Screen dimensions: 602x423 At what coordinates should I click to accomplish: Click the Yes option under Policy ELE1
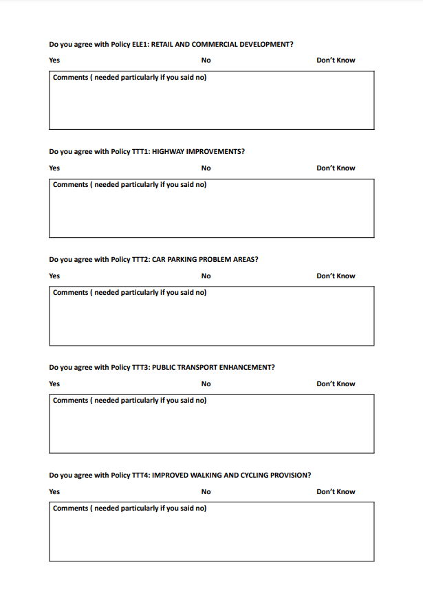(x=54, y=60)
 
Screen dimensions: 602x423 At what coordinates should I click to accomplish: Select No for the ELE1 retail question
(x=206, y=60)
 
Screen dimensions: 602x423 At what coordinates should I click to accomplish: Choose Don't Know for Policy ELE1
(x=336, y=60)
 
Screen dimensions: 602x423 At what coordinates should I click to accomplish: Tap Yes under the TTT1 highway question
(x=54, y=168)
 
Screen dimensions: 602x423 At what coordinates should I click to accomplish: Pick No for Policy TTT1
(x=206, y=168)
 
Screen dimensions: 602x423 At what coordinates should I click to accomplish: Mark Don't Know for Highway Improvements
(x=336, y=168)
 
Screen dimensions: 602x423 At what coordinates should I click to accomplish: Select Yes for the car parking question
(x=54, y=276)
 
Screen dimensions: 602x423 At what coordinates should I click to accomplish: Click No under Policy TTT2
(x=206, y=276)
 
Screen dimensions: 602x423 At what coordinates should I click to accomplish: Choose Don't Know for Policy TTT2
(x=336, y=276)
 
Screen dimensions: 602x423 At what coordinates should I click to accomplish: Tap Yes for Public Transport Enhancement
(x=54, y=384)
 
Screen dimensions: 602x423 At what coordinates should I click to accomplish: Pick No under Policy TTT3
(x=206, y=384)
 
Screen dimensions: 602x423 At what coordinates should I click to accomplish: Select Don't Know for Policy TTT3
(x=336, y=384)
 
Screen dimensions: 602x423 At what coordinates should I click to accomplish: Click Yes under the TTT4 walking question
(x=54, y=492)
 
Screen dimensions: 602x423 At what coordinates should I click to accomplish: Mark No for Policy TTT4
(x=206, y=492)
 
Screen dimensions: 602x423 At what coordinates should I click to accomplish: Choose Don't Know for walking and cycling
(x=336, y=492)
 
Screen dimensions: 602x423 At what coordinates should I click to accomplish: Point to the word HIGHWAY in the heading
(x=168, y=152)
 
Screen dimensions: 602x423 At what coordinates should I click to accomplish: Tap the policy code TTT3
(x=140, y=368)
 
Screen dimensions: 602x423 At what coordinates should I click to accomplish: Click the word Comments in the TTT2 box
(x=70, y=293)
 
